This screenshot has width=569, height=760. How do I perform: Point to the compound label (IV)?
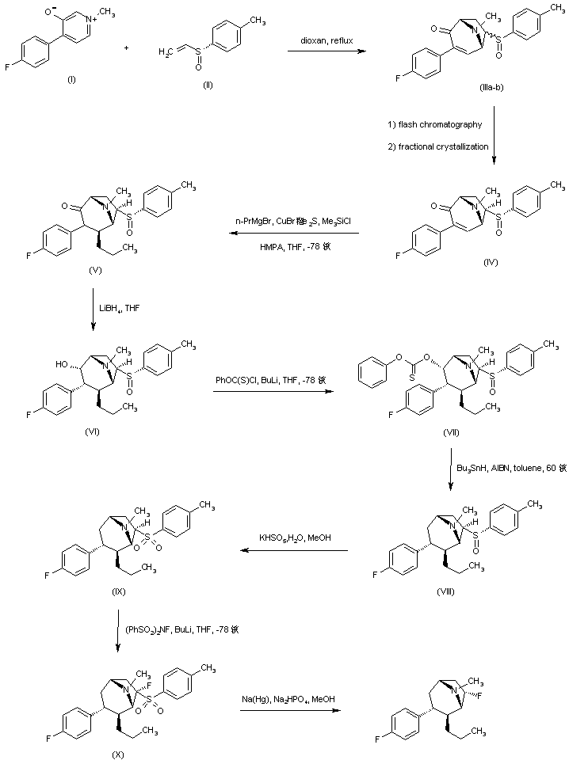coord(491,262)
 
